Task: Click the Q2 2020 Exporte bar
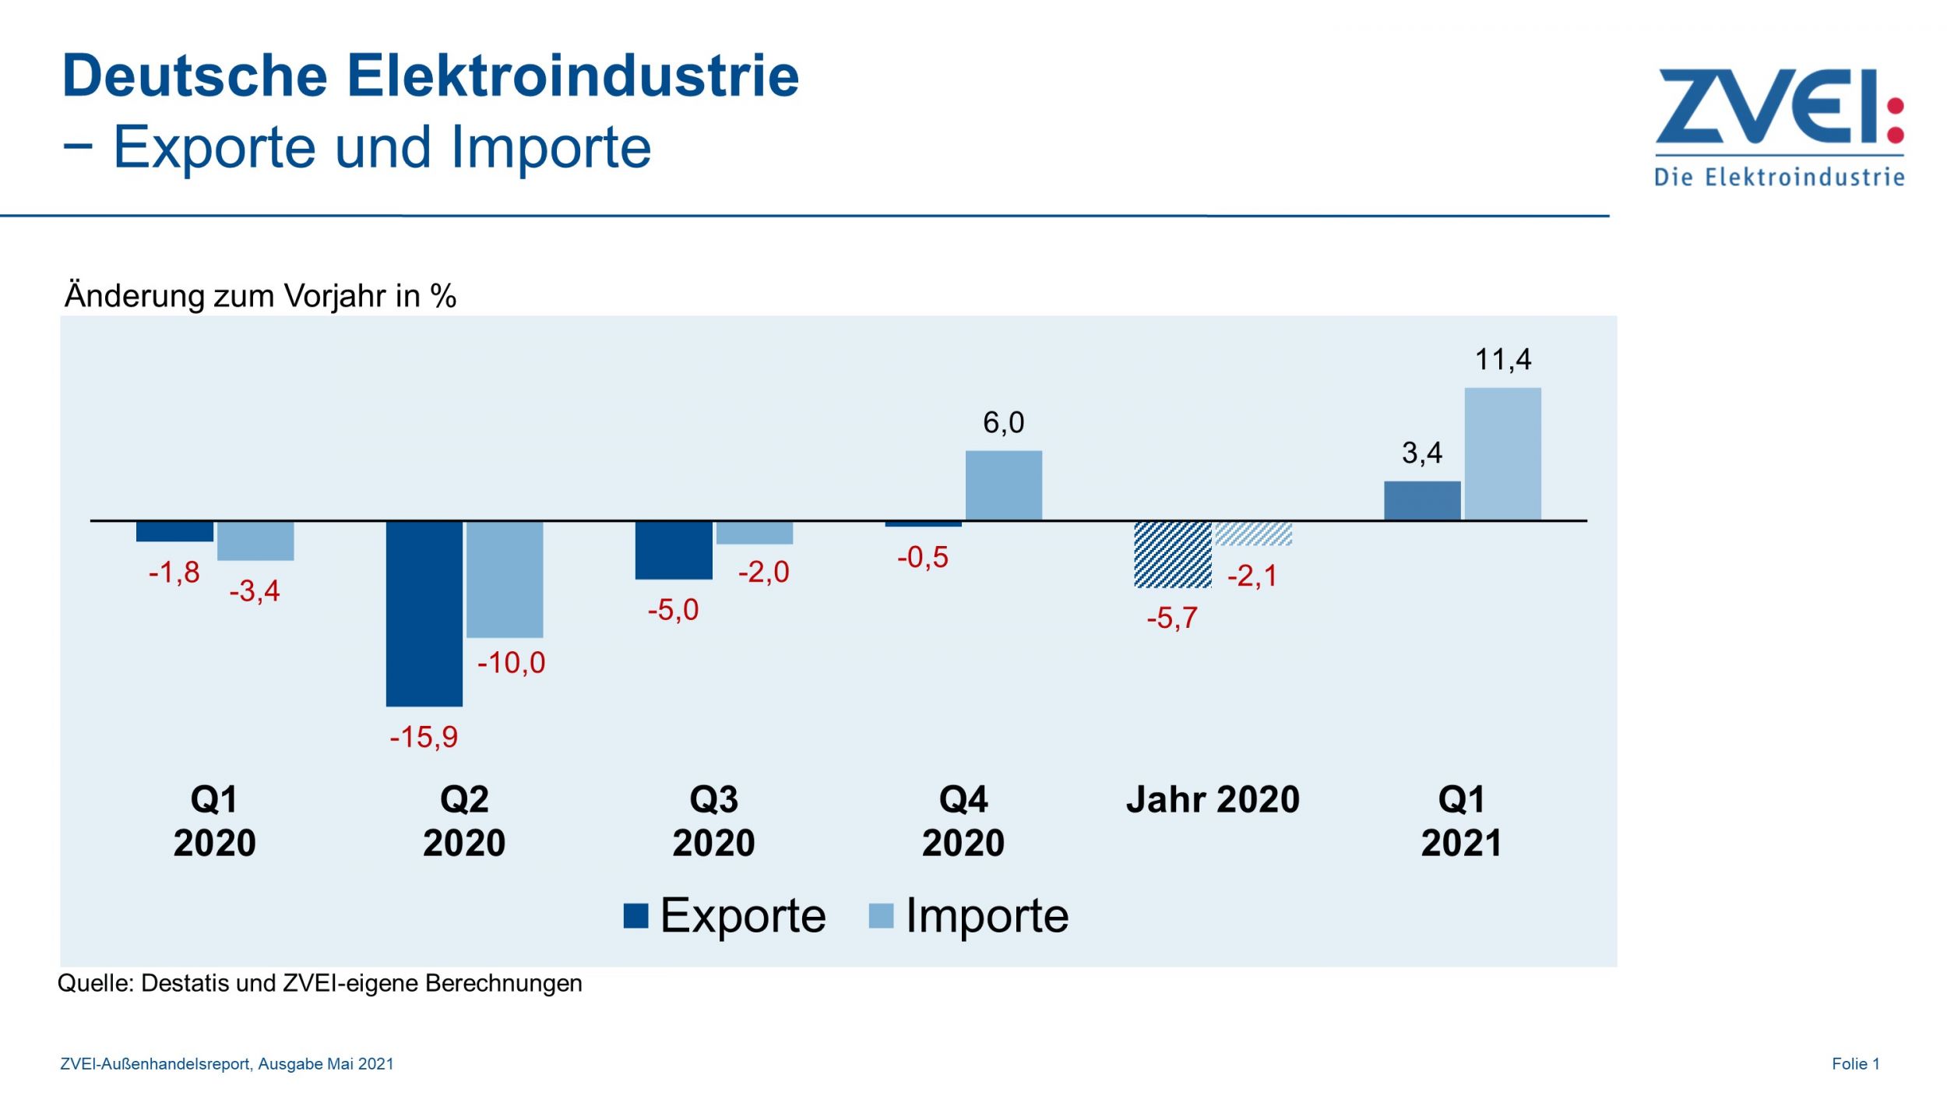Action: [424, 614]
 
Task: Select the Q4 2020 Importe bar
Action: [1004, 485]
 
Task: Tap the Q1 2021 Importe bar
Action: [1502, 454]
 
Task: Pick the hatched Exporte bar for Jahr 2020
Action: [1172, 555]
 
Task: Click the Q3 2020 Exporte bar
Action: [674, 550]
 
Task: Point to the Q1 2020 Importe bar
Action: [255, 541]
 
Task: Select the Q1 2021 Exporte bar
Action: [1422, 501]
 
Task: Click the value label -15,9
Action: [424, 737]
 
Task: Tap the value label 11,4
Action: [1502, 360]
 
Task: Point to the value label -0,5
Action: [922, 558]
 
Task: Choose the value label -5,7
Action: [1171, 618]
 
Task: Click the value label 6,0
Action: [1003, 423]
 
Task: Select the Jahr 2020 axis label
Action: [1213, 800]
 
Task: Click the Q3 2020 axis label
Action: [713, 821]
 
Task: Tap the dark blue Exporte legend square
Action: [636, 916]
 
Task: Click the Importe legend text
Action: [987, 916]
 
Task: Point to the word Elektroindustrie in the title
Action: [572, 76]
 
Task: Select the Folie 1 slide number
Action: [1855, 1064]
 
